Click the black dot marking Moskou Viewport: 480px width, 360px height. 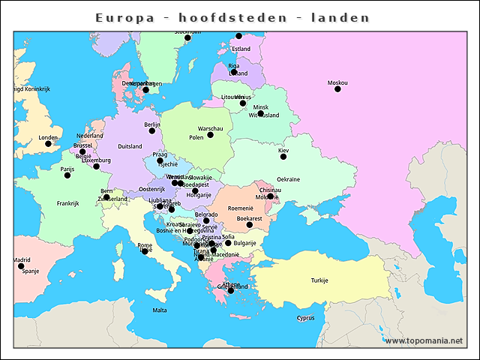[x=337, y=89]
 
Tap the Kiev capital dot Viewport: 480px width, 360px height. [x=283, y=157]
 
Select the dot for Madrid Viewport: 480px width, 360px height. [x=21, y=266]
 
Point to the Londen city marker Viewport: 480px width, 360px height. [x=48, y=144]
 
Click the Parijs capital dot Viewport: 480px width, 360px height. [x=67, y=175]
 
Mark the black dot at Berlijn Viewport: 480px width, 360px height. [x=152, y=130]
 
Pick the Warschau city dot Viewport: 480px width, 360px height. [x=210, y=135]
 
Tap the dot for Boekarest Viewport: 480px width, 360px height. [x=250, y=225]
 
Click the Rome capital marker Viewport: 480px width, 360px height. [x=145, y=251]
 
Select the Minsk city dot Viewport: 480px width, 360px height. [x=260, y=113]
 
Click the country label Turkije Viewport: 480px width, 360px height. [x=319, y=280]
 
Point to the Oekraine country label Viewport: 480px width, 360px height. [x=289, y=179]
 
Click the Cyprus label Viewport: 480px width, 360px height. [x=305, y=317]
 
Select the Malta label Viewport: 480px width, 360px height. [x=160, y=310]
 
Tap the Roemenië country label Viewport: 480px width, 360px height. [x=241, y=208]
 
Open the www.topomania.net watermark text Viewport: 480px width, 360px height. [x=424, y=340]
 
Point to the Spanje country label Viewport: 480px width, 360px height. [x=31, y=271]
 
